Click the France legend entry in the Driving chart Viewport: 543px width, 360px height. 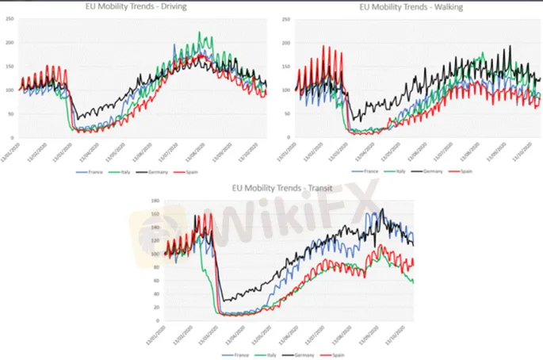88,171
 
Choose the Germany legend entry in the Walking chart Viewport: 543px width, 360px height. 433,170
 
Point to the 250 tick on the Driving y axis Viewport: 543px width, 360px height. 10,19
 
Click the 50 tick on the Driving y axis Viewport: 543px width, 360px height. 11,114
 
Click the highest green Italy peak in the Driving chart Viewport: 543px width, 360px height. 199,33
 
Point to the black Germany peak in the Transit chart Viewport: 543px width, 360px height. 382,209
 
